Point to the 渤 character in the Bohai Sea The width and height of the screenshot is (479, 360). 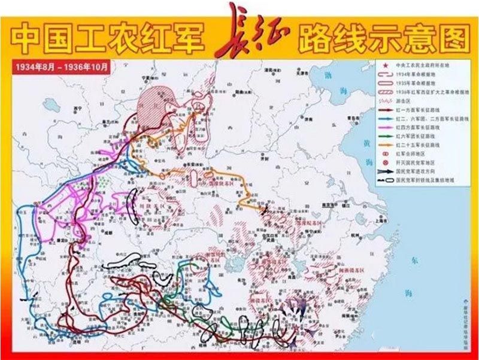point(328,76)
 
